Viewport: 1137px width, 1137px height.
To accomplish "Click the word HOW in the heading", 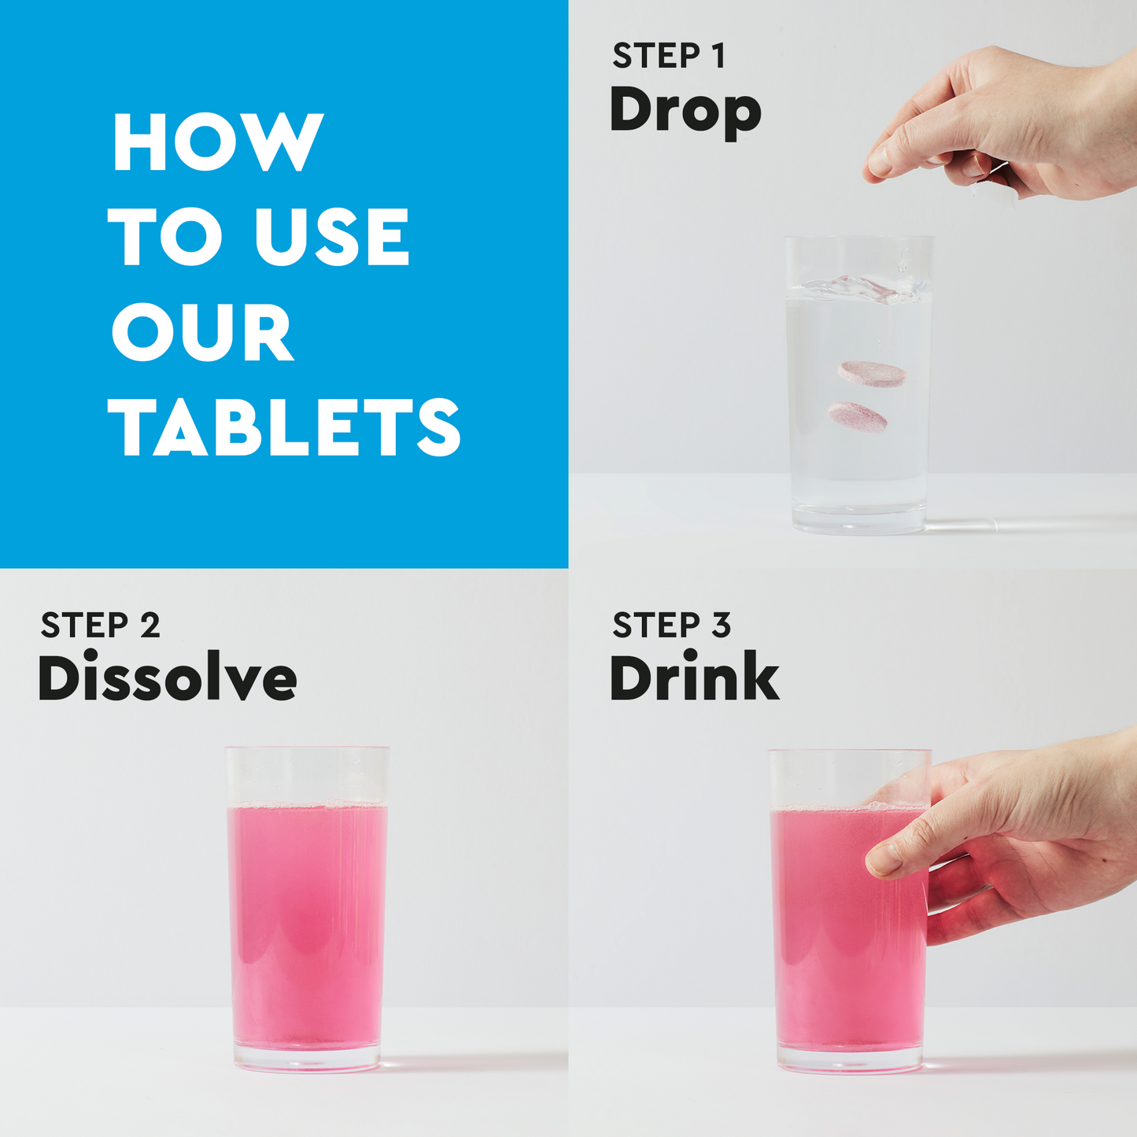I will (218, 142).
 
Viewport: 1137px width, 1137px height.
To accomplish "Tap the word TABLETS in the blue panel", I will (285, 426).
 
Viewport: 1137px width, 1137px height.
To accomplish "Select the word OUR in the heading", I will (203, 332).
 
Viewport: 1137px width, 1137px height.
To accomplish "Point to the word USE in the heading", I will (331, 237).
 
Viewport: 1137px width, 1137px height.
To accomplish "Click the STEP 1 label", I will (669, 57).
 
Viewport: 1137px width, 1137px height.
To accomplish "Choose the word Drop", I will (685, 111).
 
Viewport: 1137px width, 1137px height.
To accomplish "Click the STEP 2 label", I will (101, 626).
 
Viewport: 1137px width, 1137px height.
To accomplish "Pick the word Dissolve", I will (168, 678).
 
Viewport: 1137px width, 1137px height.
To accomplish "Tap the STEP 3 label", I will (672, 626).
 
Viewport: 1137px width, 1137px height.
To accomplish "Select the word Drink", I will (694, 677).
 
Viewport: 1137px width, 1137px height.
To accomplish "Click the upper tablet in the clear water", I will (872, 373).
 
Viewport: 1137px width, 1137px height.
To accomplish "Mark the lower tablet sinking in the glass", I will (858, 416).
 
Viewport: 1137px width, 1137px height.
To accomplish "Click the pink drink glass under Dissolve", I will (307, 921).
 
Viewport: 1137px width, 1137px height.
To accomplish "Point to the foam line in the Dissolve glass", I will (307, 805).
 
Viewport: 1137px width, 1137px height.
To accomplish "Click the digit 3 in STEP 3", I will (722, 626).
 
